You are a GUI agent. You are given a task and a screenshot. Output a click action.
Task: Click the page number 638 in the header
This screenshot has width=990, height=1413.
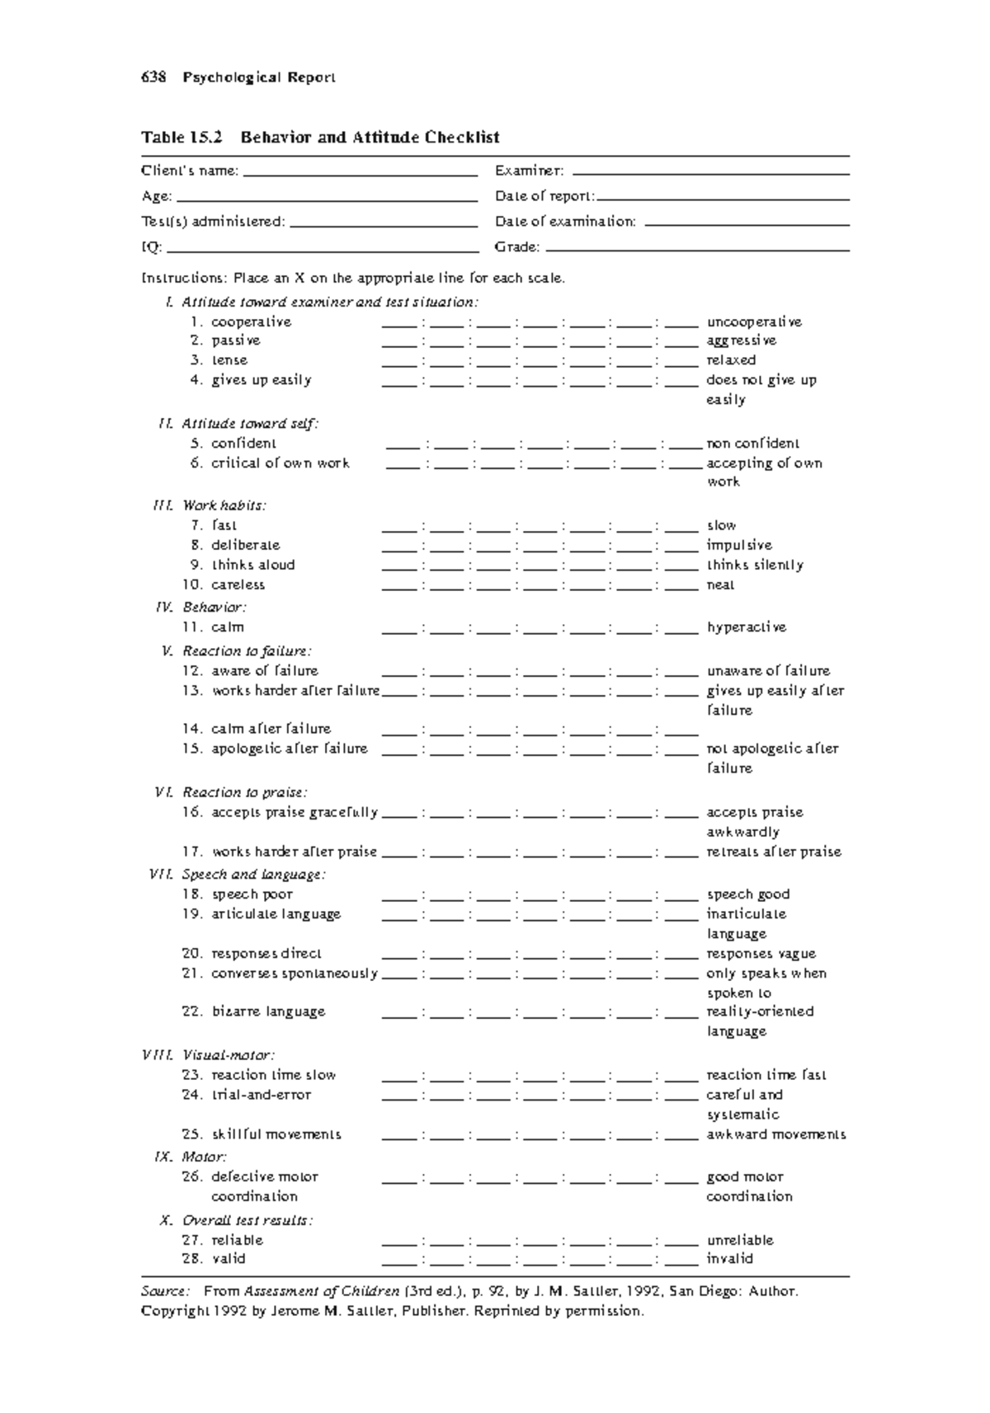point(153,77)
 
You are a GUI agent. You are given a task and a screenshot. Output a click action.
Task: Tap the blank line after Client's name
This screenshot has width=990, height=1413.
point(361,174)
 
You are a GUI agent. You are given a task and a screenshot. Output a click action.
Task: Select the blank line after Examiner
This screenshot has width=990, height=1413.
point(709,173)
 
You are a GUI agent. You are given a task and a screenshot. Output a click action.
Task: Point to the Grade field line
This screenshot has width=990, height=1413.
point(697,249)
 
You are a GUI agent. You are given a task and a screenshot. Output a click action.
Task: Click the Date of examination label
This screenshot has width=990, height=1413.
point(565,222)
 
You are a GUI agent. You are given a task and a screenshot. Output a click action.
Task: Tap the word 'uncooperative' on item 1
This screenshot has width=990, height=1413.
point(753,322)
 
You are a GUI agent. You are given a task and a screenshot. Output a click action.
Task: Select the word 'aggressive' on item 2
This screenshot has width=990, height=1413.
point(741,340)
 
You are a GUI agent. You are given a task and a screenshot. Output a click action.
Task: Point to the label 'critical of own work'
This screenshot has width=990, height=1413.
point(280,463)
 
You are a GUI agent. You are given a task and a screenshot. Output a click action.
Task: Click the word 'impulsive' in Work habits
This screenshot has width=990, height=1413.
point(738,545)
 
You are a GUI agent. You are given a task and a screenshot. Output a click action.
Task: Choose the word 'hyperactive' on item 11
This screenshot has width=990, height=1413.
point(746,627)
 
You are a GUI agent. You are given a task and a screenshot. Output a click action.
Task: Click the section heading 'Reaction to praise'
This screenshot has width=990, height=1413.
point(244,792)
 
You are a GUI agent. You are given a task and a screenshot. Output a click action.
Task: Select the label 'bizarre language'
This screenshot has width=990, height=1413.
point(268,1012)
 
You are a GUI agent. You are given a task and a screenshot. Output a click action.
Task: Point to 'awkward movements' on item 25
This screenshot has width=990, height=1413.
point(775,1134)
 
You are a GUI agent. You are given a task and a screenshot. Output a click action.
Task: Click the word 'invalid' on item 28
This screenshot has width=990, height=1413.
point(729,1259)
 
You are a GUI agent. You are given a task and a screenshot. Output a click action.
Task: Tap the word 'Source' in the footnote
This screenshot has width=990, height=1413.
point(165,1291)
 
